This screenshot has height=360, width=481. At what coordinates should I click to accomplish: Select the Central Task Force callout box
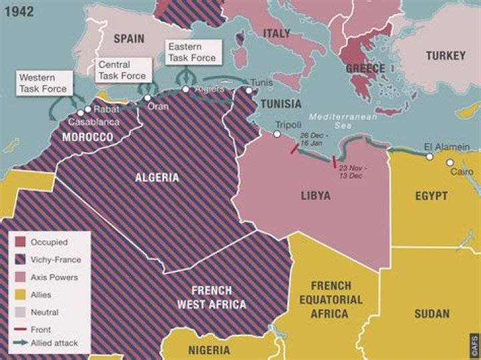click(122, 70)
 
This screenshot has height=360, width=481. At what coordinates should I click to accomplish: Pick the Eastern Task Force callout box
click(192, 53)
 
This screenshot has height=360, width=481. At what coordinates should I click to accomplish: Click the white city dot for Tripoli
click(277, 134)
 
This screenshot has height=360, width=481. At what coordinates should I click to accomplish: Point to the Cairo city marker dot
click(450, 162)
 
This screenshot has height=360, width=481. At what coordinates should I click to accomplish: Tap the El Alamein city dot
click(430, 157)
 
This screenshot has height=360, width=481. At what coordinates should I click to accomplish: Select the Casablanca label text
click(95, 122)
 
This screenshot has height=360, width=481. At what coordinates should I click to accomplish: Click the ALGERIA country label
click(157, 178)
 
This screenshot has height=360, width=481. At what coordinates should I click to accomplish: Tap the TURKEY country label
click(445, 56)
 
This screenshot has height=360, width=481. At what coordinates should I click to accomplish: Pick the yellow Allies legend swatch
click(20, 295)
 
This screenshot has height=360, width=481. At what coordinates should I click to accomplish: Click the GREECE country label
click(365, 68)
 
